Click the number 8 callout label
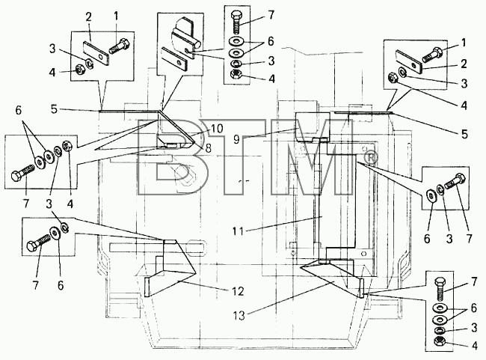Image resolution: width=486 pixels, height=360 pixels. [209, 148]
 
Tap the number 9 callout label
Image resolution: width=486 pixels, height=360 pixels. [237, 139]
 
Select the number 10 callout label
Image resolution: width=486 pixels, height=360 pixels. [217, 129]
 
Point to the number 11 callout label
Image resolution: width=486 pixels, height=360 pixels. [239, 231]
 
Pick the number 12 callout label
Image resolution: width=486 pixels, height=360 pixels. [238, 291]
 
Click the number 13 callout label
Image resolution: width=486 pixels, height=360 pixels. [239, 316]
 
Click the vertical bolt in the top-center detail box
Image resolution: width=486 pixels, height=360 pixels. [237, 22]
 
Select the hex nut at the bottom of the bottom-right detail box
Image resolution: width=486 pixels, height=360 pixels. [440, 342]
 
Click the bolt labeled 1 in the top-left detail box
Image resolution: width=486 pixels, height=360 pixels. [120, 47]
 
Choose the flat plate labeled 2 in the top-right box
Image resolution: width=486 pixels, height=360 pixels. [409, 62]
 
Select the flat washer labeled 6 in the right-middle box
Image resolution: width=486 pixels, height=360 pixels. [431, 194]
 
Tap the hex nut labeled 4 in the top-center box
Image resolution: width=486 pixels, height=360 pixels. [237, 75]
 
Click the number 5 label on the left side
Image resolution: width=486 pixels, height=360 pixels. [55, 109]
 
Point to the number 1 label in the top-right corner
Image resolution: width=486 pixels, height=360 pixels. [464, 43]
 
